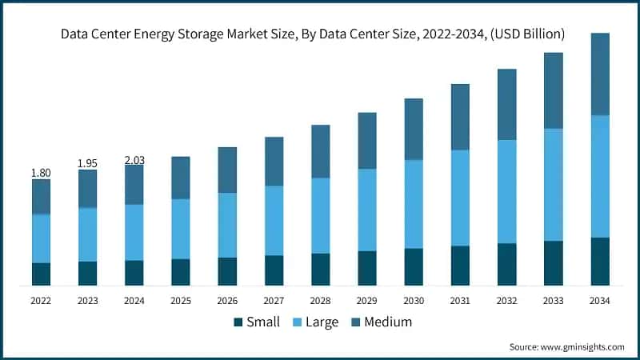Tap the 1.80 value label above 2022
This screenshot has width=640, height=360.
pyautogui.click(x=41, y=173)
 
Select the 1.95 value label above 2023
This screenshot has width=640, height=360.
pyautogui.click(x=87, y=163)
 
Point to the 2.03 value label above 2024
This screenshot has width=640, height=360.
pyautogui.click(x=134, y=161)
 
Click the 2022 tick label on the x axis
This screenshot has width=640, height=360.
pyautogui.click(x=41, y=301)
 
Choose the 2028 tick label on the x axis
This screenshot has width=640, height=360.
pyautogui.click(x=320, y=301)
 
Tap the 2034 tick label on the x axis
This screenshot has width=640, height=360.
pyautogui.click(x=599, y=301)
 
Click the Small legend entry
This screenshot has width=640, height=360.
pyautogui.click(x=256, y=322)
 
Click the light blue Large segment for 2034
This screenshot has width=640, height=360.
pyautogui.click(x=599, y=176)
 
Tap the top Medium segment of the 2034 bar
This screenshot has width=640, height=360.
pyautogui.click(x=599, y=74)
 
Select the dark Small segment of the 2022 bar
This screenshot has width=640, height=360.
pyautogui.click(x=41, y=274)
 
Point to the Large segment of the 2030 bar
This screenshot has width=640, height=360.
pyautogui.click(x=413, y=204)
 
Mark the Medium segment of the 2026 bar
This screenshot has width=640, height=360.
pyautogui.click(x=227, y=170)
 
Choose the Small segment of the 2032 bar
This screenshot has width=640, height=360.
pyautogui.click(x=506, y=264)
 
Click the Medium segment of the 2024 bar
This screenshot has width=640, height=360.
pyautogui.click(x=134, y=184)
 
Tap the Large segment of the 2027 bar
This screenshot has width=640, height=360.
pyautogui.click(x=274, y=220)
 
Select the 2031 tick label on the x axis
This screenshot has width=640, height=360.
pyautogui.click(x=459, y=301)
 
